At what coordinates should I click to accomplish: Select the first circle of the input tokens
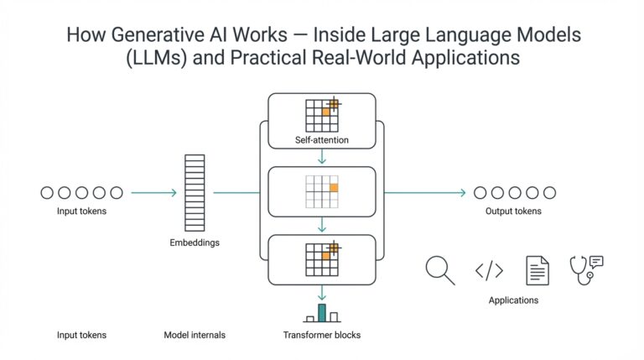coord(47,193)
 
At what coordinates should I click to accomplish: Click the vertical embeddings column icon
coord(195,193)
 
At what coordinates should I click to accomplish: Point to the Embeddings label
coord(195,243)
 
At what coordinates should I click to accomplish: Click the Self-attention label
coord(321,139)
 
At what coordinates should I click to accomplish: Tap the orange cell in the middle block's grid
coord(334,187)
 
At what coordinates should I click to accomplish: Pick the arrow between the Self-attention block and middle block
coord(321,157)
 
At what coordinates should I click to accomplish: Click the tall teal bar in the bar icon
coord(321,313)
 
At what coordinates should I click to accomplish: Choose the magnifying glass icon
coord(439,269)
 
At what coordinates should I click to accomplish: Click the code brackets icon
coord(489,270)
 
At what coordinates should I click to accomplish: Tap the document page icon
coord(538,270)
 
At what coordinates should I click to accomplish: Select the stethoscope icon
coord(586,269)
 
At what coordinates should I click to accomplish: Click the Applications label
coord(513,300)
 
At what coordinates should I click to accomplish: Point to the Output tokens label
coord(513,211)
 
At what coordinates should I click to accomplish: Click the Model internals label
coord(195,336)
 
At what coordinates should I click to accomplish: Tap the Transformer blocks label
coord(322,336)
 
